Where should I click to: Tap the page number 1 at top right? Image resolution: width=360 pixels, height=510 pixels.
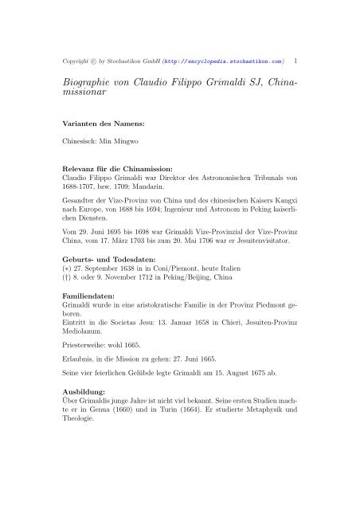[295, 59]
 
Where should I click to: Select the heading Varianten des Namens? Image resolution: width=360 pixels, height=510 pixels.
[104, 124]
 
